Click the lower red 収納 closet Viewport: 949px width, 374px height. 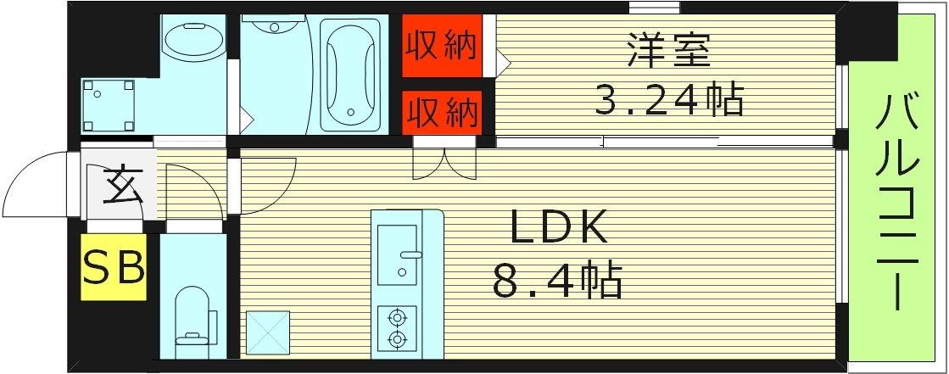pyautogui.click(x=440, y=111)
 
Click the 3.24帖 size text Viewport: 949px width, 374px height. pyautogui.click(x=668, y=100)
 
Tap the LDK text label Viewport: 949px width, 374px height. pyautogui.click(x=559, y=229)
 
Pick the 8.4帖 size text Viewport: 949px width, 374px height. pyautogui.click(x=557, y=280)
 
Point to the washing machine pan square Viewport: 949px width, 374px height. pyautogui.click(x=108, y=105)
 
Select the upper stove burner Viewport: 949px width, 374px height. pyautogui.click(x=396, y=318)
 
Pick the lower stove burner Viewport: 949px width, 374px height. pyautogui.click(x=396, y=339)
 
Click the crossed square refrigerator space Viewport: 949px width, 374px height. pyautogui.click(x=267, y=332)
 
